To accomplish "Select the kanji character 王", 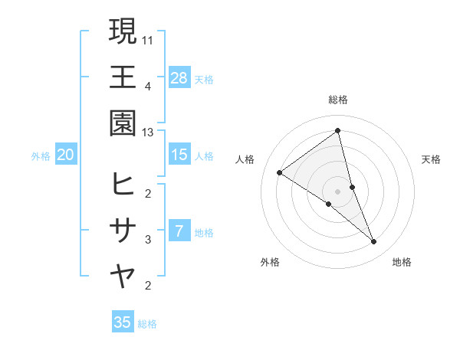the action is (123, 77).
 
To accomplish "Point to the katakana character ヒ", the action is (123, 184).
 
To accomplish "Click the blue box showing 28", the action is (179, 77).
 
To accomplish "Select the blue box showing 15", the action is (179, 155).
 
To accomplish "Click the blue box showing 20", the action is (66, 155).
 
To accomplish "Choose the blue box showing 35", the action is (123, 322).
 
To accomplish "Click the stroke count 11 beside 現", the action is (149, 39).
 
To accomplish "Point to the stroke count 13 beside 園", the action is (149, 133).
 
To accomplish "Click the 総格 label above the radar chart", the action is (338, 100).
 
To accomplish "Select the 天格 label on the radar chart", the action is (432, 159).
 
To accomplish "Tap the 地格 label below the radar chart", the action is (402, 262).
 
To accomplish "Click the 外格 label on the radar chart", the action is (270, 262).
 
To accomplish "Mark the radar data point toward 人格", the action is (280, 172).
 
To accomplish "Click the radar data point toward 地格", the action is (374, 242).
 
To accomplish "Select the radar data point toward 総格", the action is (338, 131).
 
